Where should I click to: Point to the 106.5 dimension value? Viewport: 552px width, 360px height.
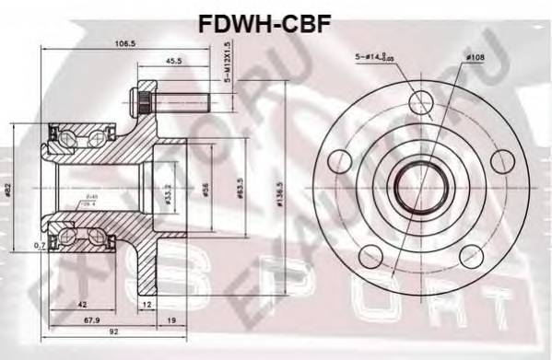114,42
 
